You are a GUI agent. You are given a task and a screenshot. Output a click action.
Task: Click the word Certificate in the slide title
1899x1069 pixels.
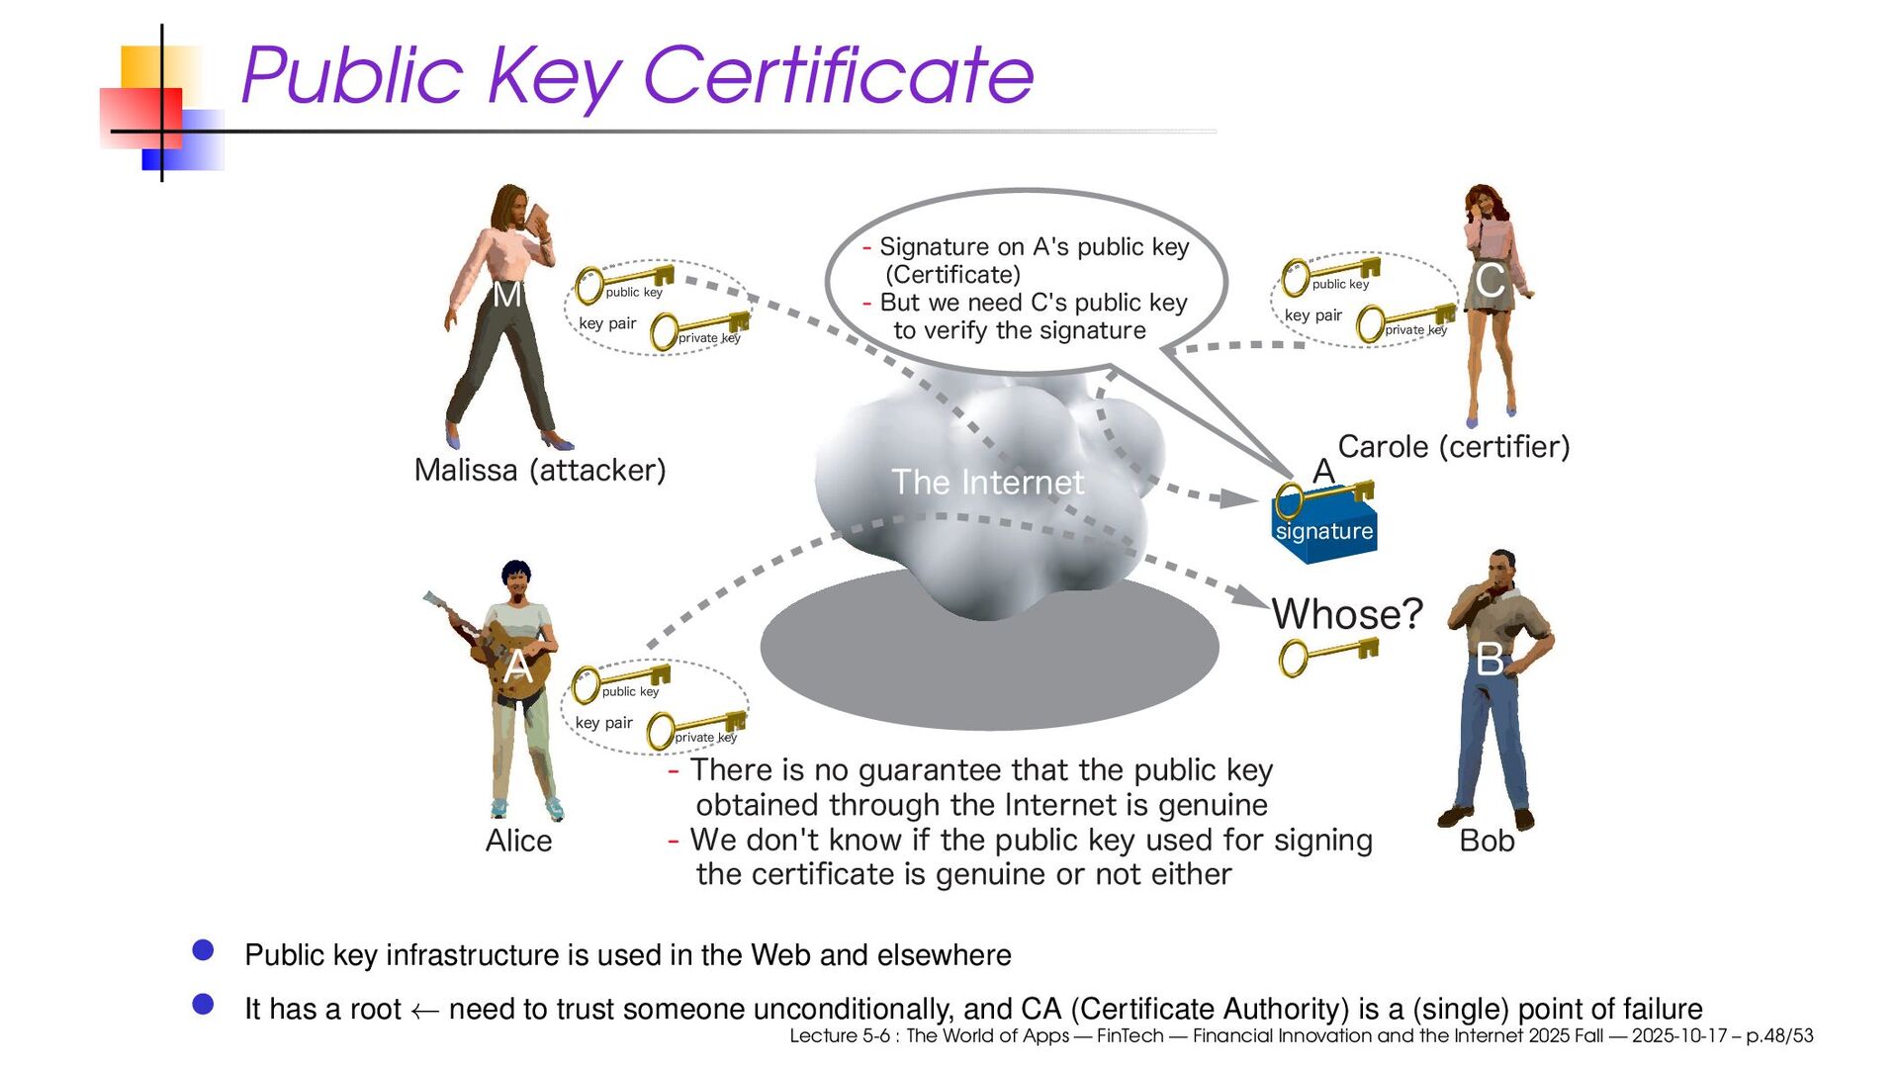pos(838,75)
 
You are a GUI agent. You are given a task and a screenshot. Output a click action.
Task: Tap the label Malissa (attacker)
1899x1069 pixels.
pos(540,470)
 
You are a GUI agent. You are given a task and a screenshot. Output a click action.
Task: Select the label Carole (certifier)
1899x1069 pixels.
pos(1453,447)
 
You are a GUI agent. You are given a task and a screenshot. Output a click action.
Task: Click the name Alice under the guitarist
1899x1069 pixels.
pos(518,841)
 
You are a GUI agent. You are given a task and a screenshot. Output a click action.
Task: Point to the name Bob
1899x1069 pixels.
pos(1487,841)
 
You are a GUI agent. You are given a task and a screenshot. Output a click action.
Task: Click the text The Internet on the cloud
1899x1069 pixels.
pos(987,483)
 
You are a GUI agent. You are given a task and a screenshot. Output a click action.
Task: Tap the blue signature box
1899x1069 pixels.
pos(1323,532)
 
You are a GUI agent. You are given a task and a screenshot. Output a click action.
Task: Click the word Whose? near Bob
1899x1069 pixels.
pos(1346,614)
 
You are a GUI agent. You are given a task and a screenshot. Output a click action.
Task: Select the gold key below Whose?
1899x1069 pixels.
pos(1327,655)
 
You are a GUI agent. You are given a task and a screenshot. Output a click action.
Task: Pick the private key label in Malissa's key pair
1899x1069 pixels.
pos(709,338)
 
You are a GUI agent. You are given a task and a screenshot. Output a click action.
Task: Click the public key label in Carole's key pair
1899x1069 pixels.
pos(1340,285)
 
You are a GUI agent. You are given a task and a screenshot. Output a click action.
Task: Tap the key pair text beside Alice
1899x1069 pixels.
pos(603,723)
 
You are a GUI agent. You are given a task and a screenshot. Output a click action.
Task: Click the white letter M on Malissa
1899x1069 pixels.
pos(506,295)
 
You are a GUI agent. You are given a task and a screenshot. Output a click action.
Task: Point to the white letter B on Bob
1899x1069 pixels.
pos(1491,661)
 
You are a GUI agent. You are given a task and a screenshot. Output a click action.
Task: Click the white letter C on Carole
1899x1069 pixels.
pos(1491,282)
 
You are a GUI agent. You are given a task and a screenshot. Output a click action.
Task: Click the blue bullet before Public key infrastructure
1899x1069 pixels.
pos(204,950)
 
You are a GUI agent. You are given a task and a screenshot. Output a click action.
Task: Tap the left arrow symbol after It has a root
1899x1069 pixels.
pos(424,1011)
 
